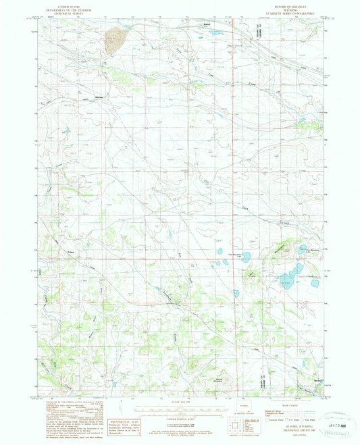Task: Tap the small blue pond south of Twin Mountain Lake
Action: [x=236, y=294]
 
